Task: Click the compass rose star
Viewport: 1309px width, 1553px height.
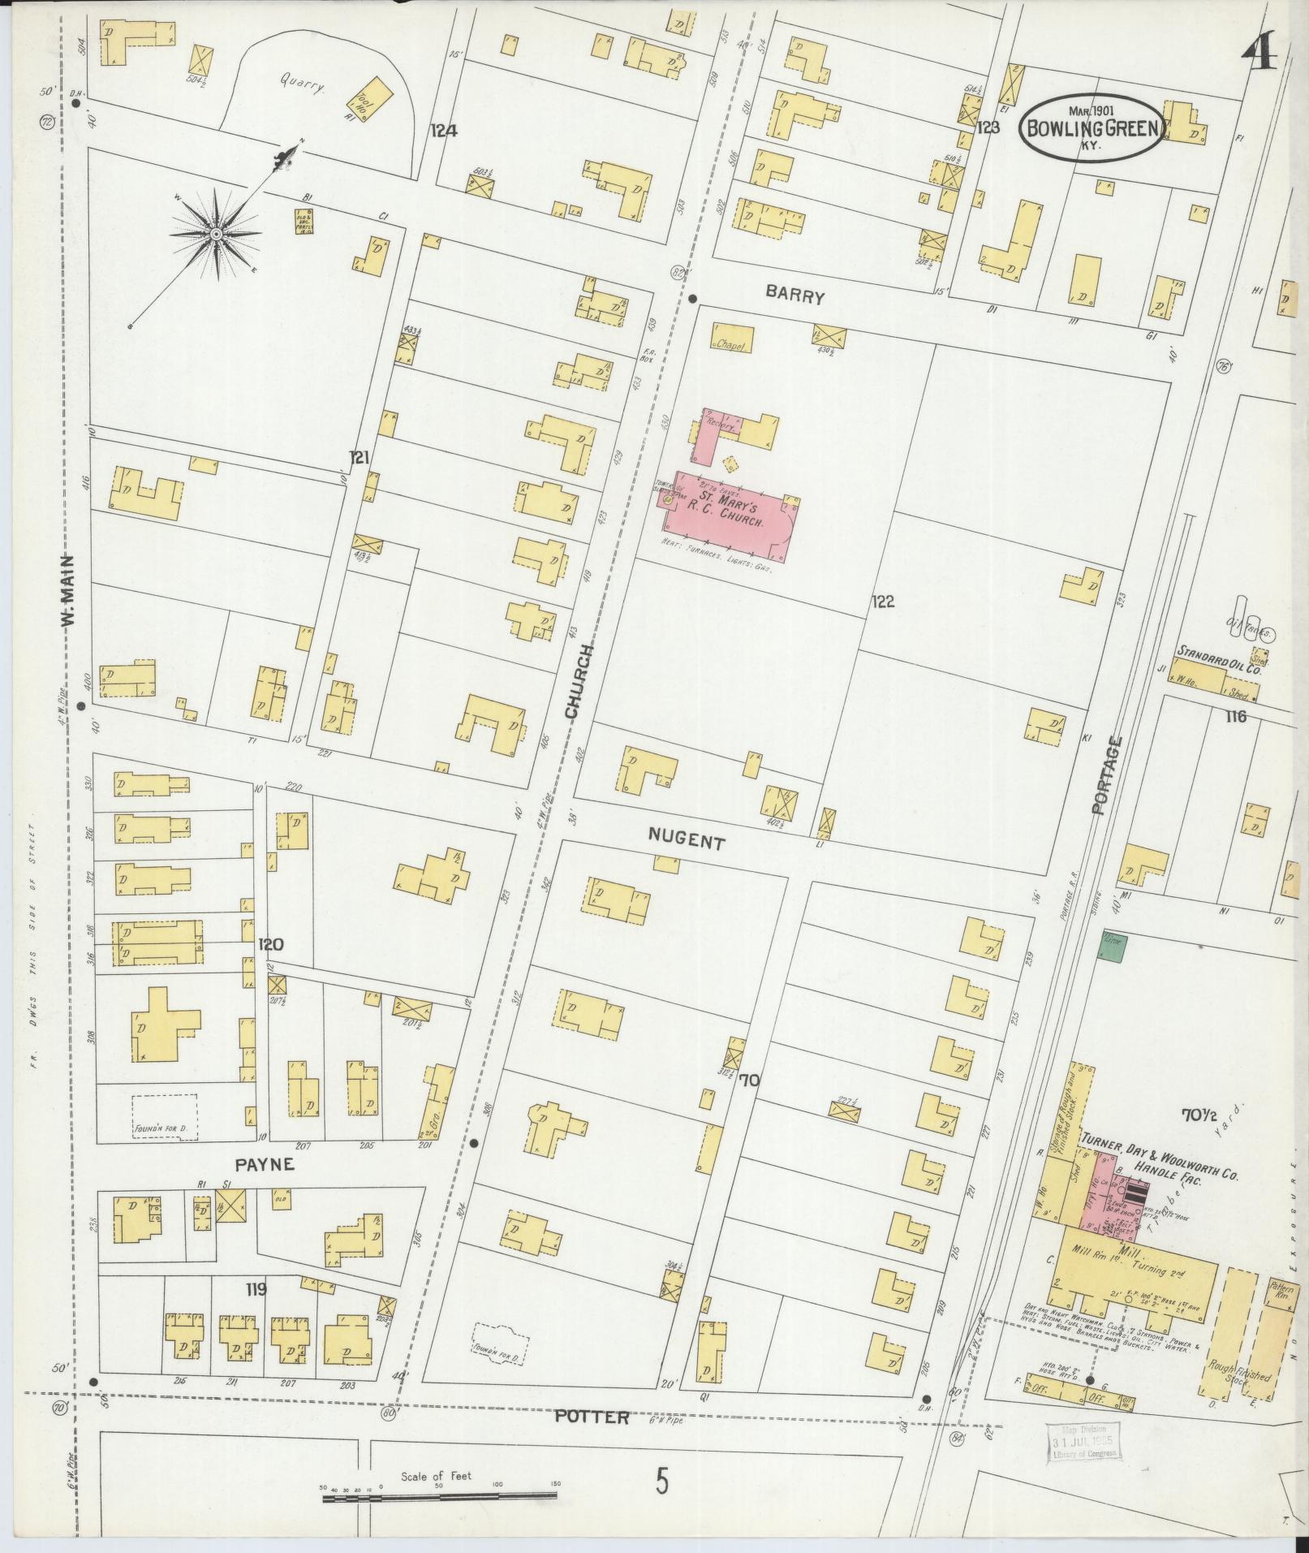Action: point(217,234)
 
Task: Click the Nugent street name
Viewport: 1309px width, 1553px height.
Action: point(687,842)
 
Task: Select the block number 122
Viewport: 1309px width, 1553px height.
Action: point(882,602)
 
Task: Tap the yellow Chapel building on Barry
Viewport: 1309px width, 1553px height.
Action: point(732,339)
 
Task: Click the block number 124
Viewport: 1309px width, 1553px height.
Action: point(444,130)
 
